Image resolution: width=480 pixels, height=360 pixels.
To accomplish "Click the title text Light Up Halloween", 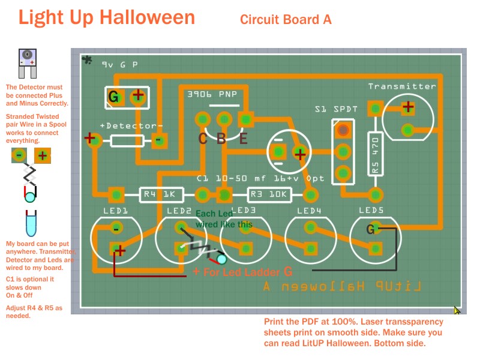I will point(107,17).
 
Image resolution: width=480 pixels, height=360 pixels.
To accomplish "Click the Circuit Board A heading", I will point(286,19).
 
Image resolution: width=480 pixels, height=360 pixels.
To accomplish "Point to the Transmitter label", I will point(402,86).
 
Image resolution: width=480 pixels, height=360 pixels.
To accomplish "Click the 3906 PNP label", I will point(212,94).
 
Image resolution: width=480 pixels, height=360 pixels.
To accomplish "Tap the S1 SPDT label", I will point(336,109).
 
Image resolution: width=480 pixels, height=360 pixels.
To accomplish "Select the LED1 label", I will point(116,211).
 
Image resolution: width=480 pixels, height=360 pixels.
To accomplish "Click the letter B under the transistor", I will point(221,139).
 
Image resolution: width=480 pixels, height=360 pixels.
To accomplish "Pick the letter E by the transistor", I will point(242,139).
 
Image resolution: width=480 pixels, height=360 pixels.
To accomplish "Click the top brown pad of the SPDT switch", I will point(343,129).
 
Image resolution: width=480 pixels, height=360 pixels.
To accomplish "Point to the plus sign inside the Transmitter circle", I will point(408,107).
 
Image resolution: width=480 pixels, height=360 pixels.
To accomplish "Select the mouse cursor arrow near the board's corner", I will point(457,310).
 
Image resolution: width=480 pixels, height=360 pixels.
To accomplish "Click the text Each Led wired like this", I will point(223,219).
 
